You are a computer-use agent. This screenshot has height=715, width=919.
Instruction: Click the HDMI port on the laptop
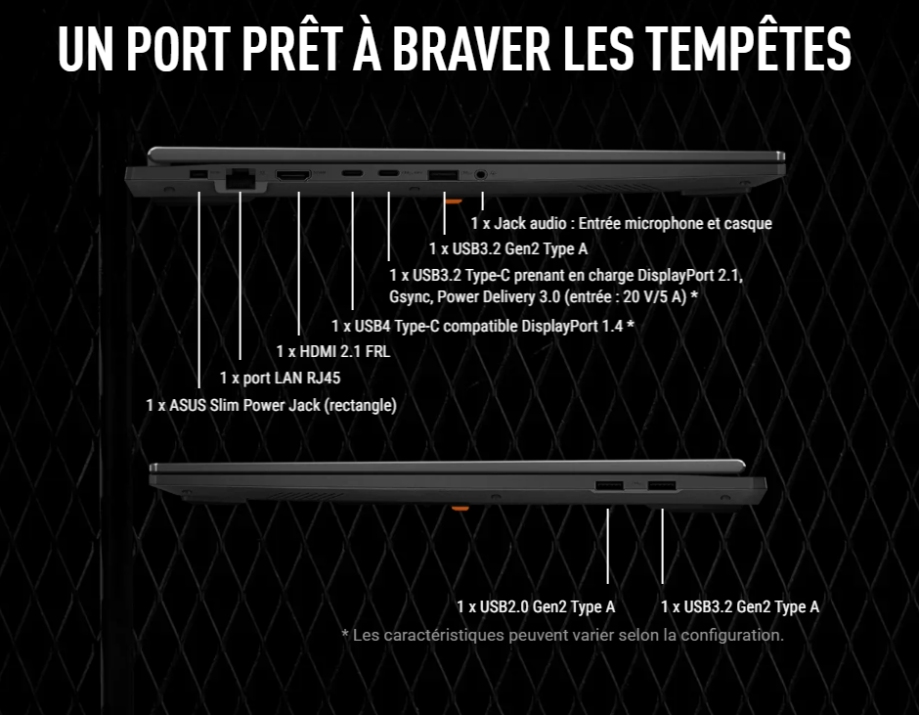294,176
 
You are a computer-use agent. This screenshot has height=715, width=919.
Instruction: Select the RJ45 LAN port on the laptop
239,177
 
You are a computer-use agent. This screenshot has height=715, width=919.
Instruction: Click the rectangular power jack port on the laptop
197,175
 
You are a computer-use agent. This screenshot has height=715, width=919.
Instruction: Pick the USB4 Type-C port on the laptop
351,176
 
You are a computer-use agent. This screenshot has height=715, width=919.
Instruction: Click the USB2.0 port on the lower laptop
608,485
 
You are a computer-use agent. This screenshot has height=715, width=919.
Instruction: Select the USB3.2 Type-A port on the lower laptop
662,485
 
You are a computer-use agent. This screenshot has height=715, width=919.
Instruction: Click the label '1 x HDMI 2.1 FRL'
332,351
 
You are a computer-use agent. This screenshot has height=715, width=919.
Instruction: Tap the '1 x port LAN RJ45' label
281,378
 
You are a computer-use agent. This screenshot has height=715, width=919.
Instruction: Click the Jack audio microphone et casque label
621,224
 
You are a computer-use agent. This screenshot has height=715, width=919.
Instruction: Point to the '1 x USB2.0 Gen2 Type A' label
536,606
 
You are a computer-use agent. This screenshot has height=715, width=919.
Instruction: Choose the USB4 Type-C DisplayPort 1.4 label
483,326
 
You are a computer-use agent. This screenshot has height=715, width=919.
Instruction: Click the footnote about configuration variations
562,635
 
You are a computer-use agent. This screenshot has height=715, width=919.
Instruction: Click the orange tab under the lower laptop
458,508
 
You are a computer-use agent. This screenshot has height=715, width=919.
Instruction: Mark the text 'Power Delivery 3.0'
495,295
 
